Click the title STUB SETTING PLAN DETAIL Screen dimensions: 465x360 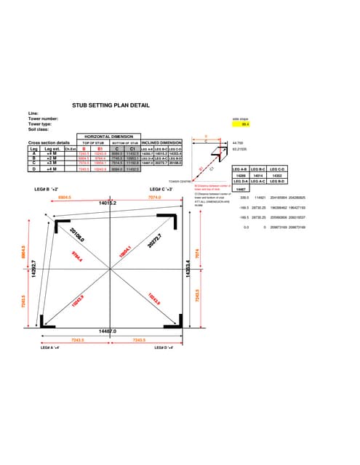[x=111, y=105]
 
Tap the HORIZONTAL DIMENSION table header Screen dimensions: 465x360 [x=108, y=137]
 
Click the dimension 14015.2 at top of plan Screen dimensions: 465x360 [x=108, y=204]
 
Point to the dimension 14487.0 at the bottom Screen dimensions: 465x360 [x=107, y=331]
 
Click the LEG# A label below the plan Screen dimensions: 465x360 [x=52, y=348]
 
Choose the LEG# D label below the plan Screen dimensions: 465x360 [x=168, y=348]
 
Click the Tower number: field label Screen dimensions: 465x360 [x=43, y=118]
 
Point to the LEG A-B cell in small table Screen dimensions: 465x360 [x=239, y=168]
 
